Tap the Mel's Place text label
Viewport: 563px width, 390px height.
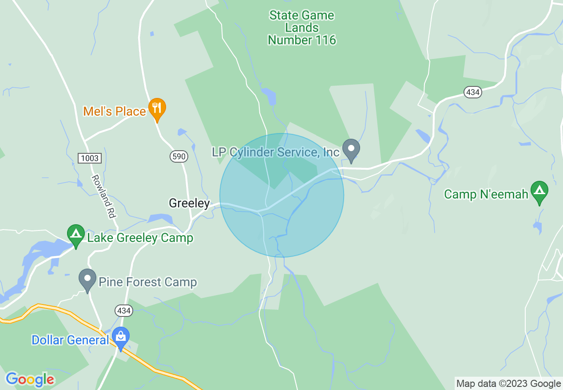tap(115, 111)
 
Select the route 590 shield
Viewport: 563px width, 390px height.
tap(178, 156)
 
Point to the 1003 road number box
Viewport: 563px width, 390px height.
tap(90, 158)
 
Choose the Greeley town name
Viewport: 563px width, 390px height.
tap(189, 203)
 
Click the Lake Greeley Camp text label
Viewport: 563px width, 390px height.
tap(140, 238)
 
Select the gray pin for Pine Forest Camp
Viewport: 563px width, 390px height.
tap(87, 279)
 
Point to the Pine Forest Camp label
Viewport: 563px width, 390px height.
tap(147, 282)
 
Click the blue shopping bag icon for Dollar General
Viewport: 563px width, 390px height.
tap(120, 337)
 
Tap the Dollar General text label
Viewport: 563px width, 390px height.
tap(70, 340)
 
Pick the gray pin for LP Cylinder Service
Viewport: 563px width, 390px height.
tap(351, 149)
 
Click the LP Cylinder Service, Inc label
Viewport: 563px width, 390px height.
tap(276, 152)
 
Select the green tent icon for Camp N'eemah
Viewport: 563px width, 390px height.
tap(539, 191)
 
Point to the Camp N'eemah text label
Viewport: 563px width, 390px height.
tap(486, 194)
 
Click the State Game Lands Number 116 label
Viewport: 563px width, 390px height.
tap(302, 27)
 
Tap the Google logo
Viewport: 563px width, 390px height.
tap(30, 379)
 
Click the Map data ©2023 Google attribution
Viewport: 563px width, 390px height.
tap(508, 384)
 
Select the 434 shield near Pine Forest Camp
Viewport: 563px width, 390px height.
tap(123, 311)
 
